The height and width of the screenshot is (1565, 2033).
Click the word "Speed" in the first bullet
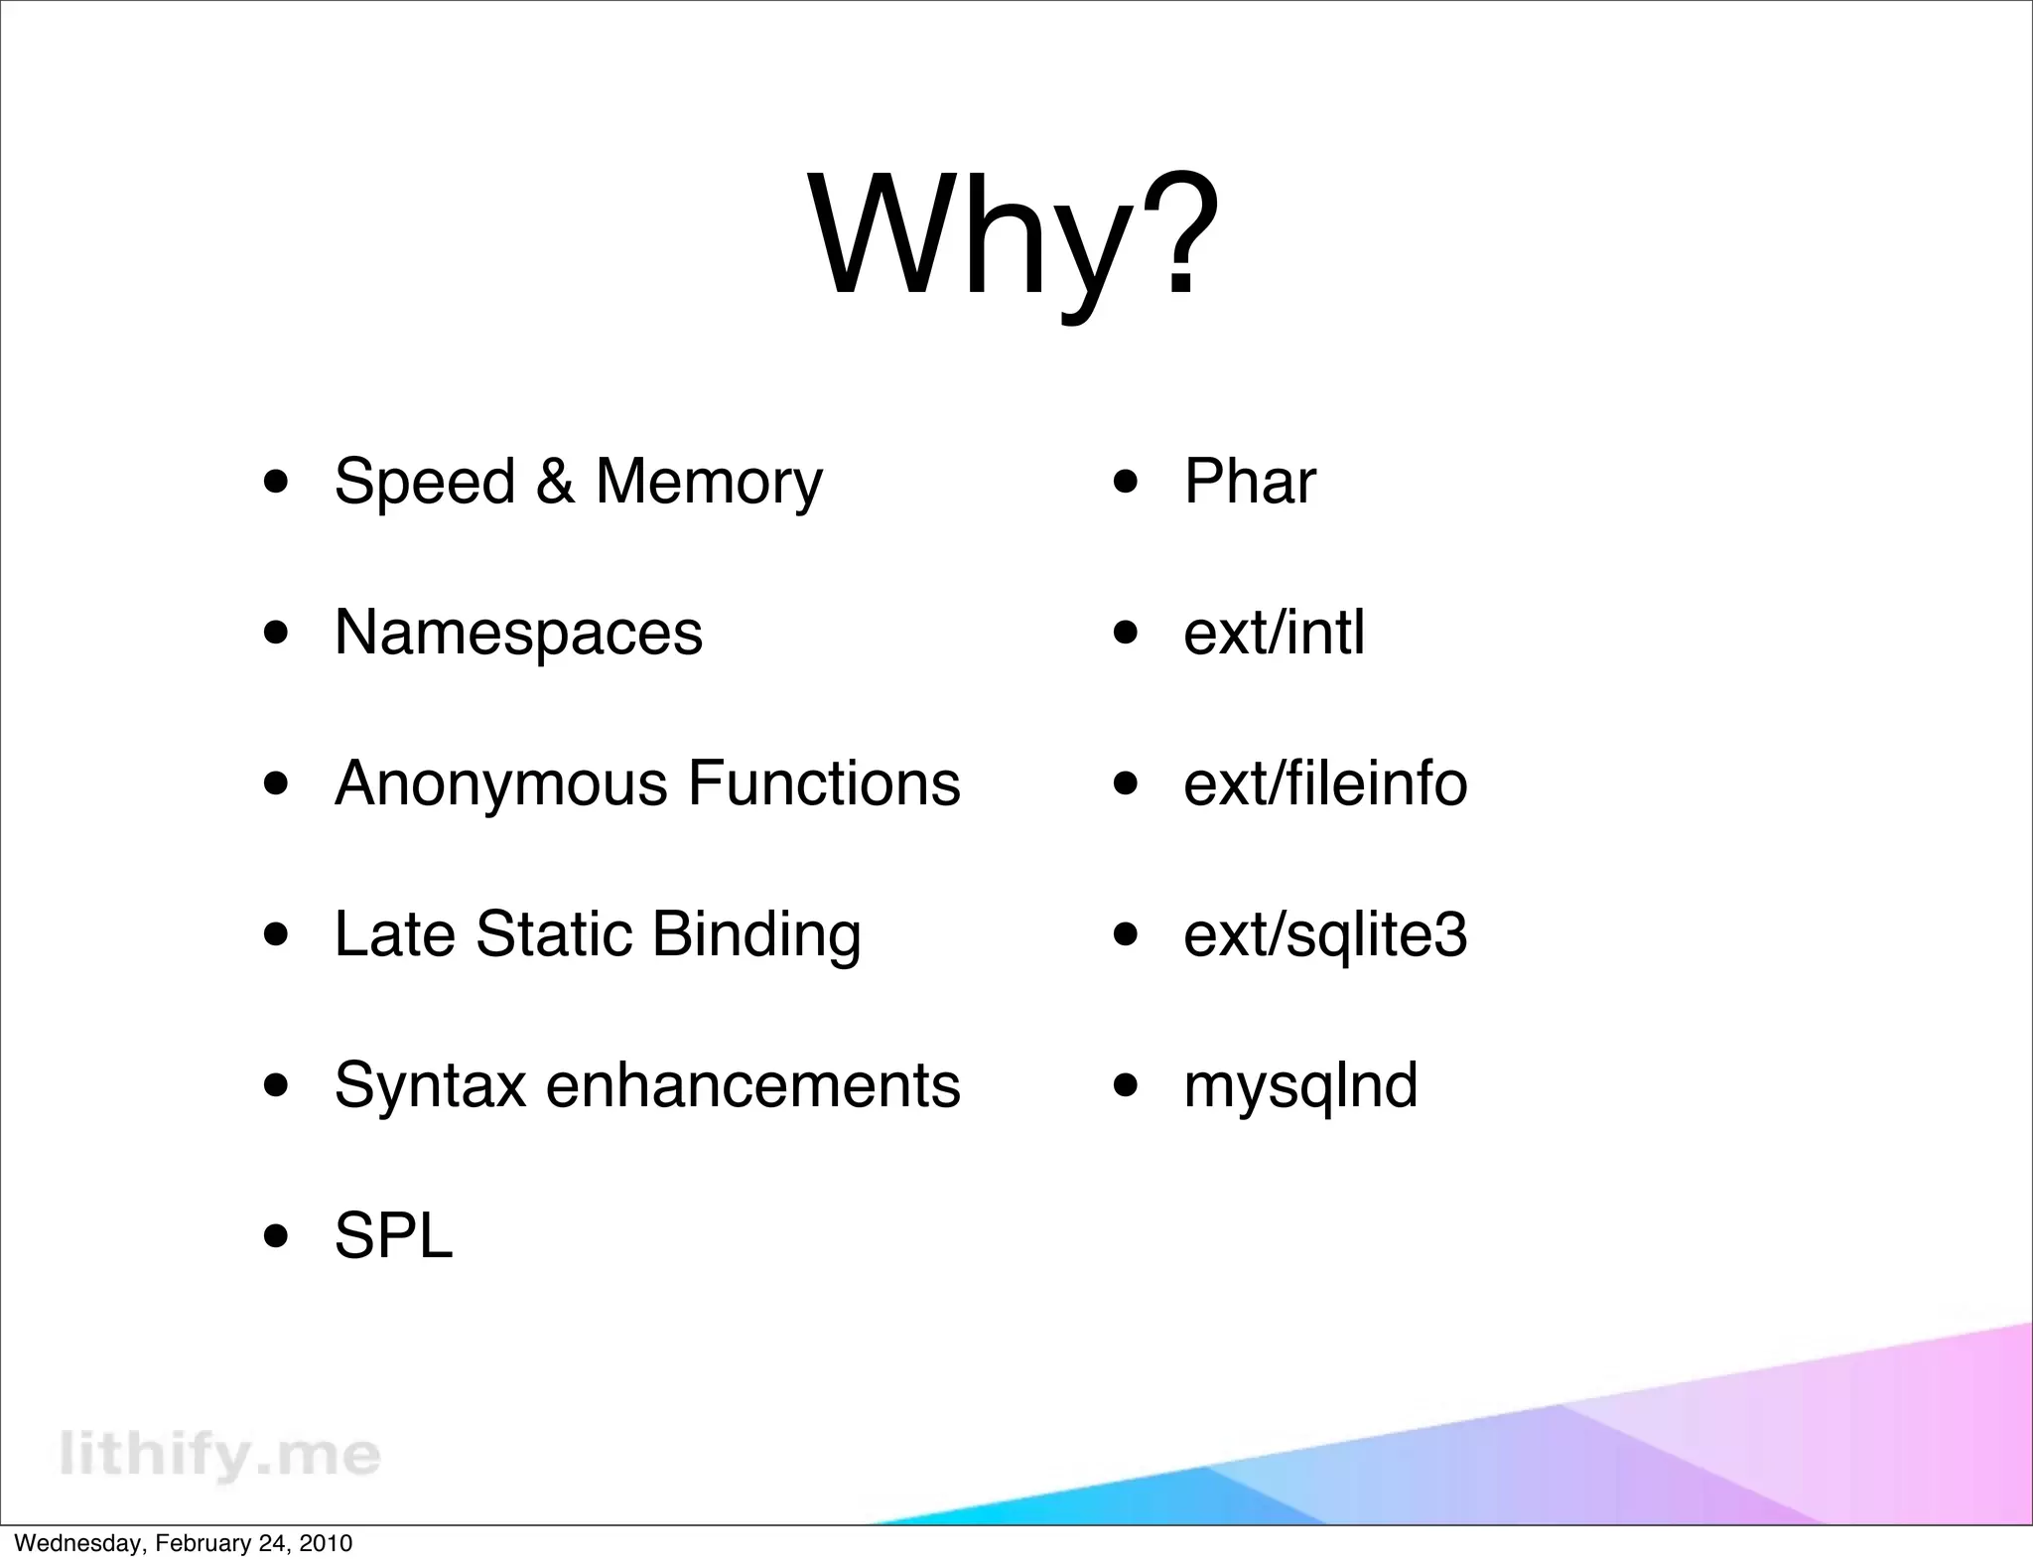425,483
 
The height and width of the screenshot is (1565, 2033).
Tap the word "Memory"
709,483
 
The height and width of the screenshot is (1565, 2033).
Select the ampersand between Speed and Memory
555,483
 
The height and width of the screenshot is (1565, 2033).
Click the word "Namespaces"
518,633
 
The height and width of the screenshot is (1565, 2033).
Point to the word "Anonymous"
500,784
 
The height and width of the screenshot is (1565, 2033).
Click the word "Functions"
824,783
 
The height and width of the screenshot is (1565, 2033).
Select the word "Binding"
756,936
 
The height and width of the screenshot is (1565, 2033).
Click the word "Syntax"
430,1086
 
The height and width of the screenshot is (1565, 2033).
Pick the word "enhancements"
753,1085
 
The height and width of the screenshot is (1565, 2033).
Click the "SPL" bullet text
393,1237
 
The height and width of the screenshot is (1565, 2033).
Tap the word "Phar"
1250,483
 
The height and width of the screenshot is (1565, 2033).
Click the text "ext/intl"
1274,633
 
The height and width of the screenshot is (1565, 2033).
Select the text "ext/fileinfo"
1325,783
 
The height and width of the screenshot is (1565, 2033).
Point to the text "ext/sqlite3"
1325,936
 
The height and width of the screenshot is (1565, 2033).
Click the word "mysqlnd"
1300,1086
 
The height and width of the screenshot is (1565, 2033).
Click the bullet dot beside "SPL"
277,1238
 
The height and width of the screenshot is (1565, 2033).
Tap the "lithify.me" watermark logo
219,1455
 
